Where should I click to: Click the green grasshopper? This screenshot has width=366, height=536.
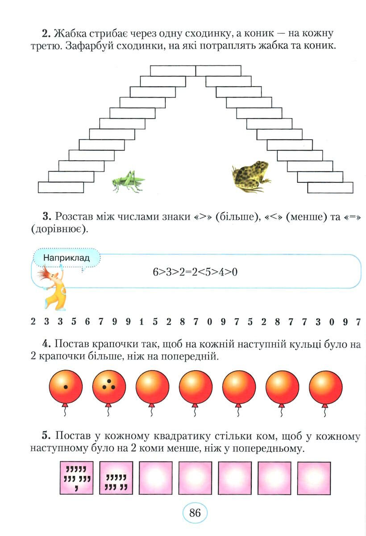point(129,181)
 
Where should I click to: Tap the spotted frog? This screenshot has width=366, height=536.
point(251,176)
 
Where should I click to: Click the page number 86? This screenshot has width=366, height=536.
point(195,513)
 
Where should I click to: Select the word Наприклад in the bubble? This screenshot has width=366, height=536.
point(67,258)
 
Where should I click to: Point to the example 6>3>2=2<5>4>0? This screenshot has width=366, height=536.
point(195,272)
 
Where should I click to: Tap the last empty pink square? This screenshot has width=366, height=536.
point(314,478)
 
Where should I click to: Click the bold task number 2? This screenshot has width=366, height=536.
point(46,33)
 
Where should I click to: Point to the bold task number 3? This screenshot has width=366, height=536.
point(47,217)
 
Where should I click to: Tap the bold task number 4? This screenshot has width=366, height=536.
point(46,344)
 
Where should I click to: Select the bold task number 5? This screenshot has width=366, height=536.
point(46,435)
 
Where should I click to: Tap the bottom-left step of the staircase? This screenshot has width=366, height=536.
point(61,187)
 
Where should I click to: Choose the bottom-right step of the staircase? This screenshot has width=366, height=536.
point(330,188)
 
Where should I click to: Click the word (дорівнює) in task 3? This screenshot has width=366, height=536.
point(59,230)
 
